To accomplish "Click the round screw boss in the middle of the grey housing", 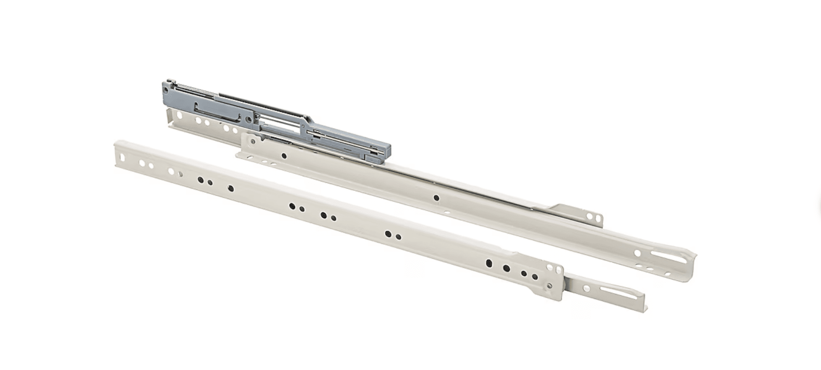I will [x=248, y=118].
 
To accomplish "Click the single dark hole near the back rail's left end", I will [x=284, y=156].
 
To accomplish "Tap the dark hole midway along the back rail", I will [x=436, y=198].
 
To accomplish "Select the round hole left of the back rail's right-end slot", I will [x=638, y=253].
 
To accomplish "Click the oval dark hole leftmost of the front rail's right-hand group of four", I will [x=489, y=263].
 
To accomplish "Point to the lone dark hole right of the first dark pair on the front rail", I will [x=231, y=189].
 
